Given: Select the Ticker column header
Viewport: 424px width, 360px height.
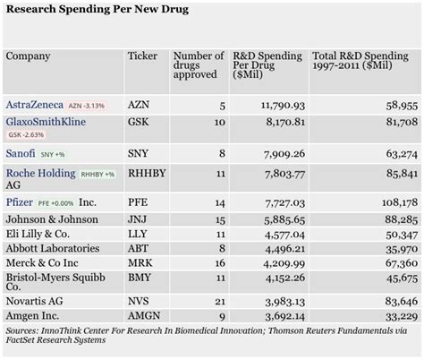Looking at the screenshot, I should [x=142, y=56].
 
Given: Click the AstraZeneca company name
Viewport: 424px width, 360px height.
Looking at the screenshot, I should [x=34, y=104].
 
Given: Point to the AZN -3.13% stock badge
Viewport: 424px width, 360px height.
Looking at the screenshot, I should [x=86, y=106].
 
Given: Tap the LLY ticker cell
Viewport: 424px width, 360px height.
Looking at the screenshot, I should [x=140, y=233].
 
